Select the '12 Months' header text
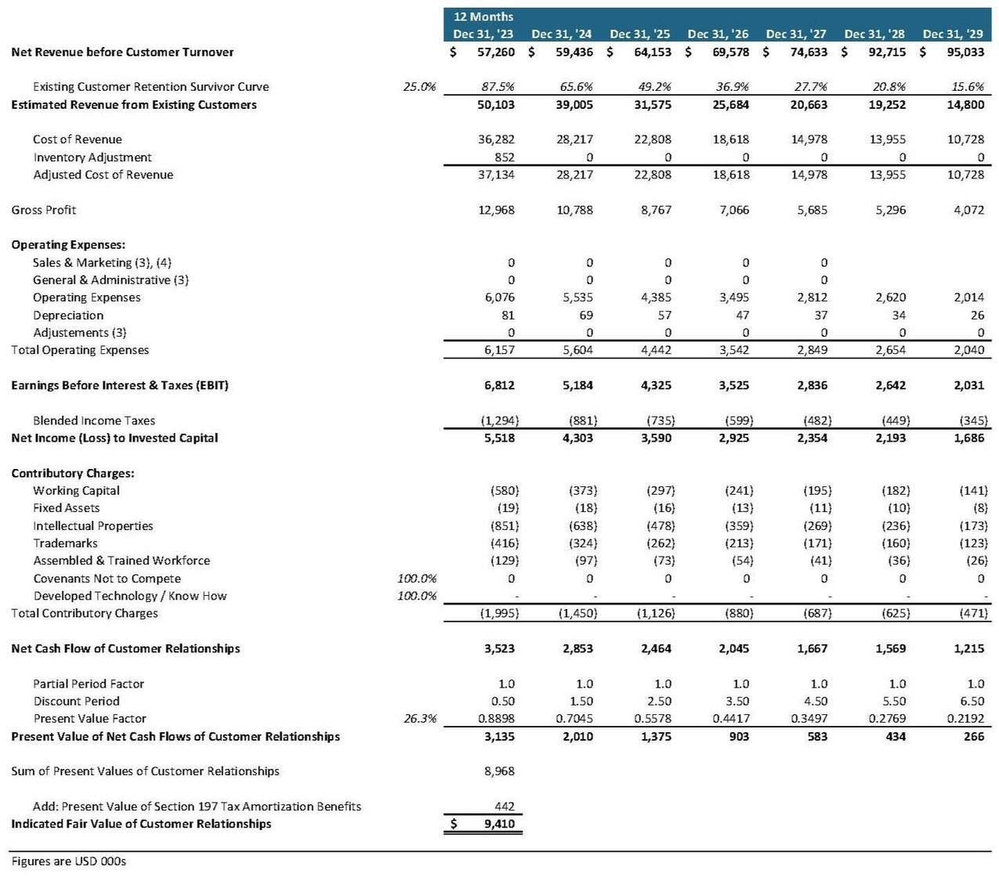pyautogui.click(x=483, y=16)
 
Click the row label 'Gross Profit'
pyautogui.click(x=44, y=210)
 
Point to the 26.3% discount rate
pyautogui.click(x=420, y=719)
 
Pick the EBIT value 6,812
pyautogui.click(x=497, y=385)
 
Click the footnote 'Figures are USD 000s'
pyautogui.click(x=69, y=861)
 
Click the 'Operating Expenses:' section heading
pyautogui.click(x=68, y=245)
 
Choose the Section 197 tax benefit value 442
pyautogui.click(x=505, y=806)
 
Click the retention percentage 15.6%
pyautogui.click(x=968, y=87)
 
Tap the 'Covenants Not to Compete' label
pyautogui.click(x=107, y=579)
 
